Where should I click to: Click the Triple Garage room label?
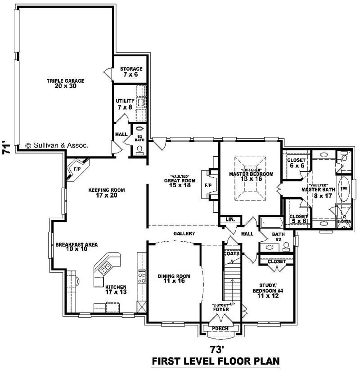click(65, 83)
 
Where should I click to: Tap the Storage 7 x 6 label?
click(131, 72)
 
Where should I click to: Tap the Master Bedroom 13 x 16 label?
click(251, 176)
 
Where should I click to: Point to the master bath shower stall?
click(343, 217)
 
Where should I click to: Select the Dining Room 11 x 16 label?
click(174, 279)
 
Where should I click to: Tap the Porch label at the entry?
click(221, 328)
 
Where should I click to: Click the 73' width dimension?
click(216, 349)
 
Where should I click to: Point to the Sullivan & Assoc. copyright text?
click(57, 145)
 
